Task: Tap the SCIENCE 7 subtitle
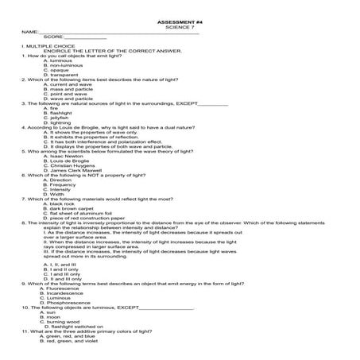coord(180,26)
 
